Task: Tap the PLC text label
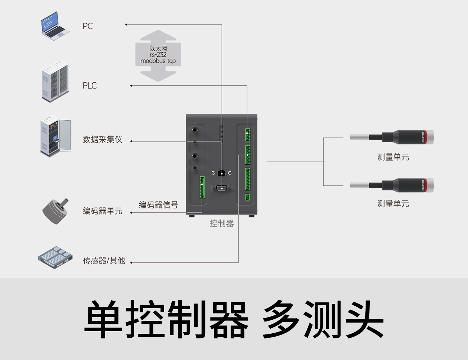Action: pyautogui.click(x=90, y=86)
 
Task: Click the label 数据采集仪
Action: pyautogui.click(x=103, y=140)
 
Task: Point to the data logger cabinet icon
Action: pyautogui.click(x=55, y=137)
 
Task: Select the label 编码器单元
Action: pyautogui.click(x=103, y=211)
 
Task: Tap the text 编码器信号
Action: pyautogui.click(x=158, y=205)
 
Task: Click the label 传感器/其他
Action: pyautogui.click(x=104, y=261)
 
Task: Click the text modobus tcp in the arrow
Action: pyautogui.click(x=158, y=61)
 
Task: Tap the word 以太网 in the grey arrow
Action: pyautogui.click(x=158, y=48)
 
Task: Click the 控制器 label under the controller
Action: pyautogui.click(x=222, y=224)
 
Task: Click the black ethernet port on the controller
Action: pyautogui.click(x=222, y=173)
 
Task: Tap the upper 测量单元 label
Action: pyautogui.click(x=393, y=157)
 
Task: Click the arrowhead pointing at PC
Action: pyautogui.click(x=126, y=24)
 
